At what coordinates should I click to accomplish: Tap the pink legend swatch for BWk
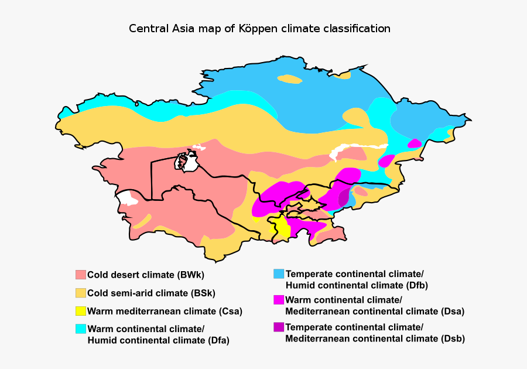coord(81,275)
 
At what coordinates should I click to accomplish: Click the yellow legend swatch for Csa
coord(81,311)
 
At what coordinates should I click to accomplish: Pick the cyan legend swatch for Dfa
coord(81,329)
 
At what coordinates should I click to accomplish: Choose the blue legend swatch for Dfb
coord(279,274)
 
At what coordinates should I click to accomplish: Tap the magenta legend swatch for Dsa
coord(279,300)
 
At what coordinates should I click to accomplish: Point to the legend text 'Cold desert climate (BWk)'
coord(146,275)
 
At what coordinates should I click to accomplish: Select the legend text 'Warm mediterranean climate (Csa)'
coord(165,311)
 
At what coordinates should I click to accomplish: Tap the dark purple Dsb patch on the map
coord(344,199)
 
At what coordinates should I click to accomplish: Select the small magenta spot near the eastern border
coord(415,143)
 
